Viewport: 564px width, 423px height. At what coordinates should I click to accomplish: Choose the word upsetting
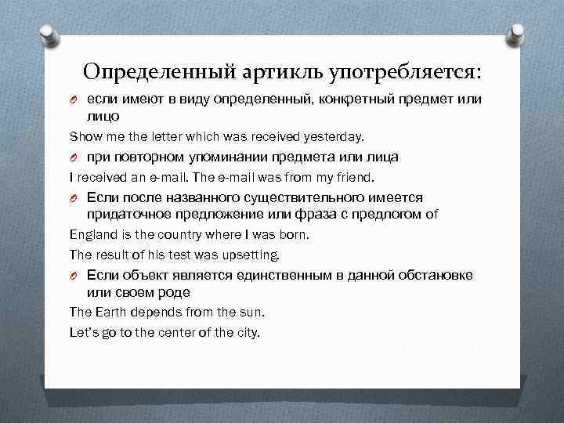tap(251, 254)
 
